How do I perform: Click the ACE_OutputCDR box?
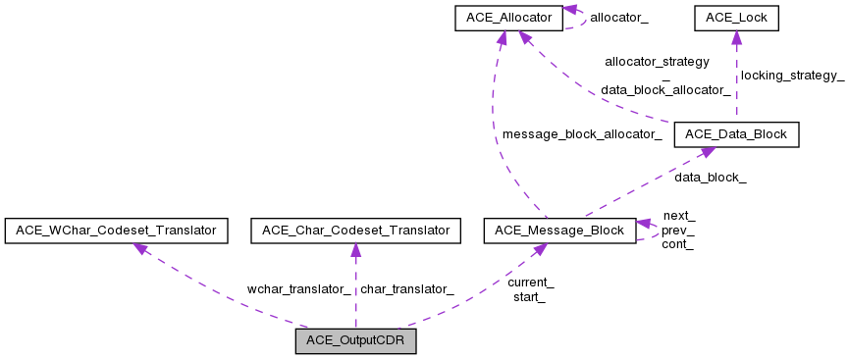pos(355,341)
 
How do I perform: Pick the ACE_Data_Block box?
pos(736,134)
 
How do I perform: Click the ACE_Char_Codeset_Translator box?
pos(355,231)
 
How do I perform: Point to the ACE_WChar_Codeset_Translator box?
pos(117,231)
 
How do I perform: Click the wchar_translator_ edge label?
pos(298,289)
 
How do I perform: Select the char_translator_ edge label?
pos(406,289)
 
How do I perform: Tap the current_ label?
pos(530,283)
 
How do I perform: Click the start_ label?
pos(529,296)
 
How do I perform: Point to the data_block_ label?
pos(710,178)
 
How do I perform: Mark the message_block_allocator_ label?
pos(581,133)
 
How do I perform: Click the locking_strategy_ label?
pos(792,76)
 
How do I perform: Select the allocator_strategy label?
pos(657,61)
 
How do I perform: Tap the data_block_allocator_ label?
pos(664,89)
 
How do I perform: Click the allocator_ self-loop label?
pos(618,18)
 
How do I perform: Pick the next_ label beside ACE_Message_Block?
pos(678,216)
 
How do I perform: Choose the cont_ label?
pos(677,244)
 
